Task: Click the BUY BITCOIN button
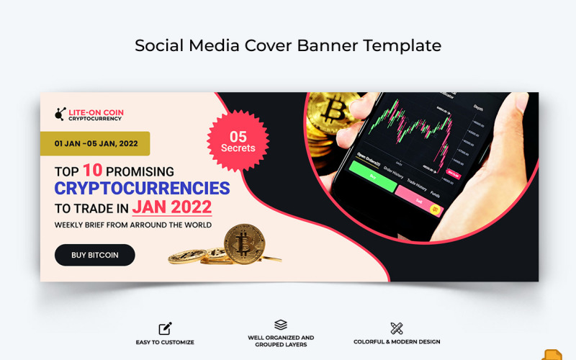click(94, 255)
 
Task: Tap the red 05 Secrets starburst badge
click(238, 141)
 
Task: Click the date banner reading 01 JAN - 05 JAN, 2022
click(94, 143)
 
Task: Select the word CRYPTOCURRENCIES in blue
click(142, 189)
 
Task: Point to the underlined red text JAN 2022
click(172, 207)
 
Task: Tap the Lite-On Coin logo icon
click(60, 114)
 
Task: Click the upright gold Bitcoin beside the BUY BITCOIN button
click(244, 243)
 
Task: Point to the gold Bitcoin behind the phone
click(328, 115)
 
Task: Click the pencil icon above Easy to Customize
click(165, 328)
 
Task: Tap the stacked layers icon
click(281, 325)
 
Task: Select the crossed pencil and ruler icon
click(396, 328)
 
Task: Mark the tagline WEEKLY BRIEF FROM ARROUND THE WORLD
click(133, 225)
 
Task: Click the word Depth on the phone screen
click(478, 107)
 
